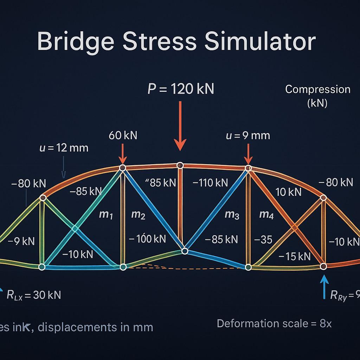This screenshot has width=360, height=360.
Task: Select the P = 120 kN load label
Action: (x=181, y=89)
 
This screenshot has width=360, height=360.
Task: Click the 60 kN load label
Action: (x=123, y=135)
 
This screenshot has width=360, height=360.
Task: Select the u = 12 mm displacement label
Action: (x=64, y=148)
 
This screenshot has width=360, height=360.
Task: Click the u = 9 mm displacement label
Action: (x=248, y=135)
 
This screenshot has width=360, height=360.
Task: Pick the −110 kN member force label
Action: (x=210, y=183)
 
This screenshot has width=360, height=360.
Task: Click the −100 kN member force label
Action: (x=147, y=239)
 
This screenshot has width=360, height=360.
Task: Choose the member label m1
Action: (x=106, y=214)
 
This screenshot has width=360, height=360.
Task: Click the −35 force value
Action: (x=263, y=240)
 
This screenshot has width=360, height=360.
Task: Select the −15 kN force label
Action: (x=294, y=256)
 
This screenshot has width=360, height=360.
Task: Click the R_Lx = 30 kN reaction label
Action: (x=34, y=295)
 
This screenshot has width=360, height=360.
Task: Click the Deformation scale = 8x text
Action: (x=274, y=323)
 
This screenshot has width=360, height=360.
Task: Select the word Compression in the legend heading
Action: (x=317, y=89)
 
